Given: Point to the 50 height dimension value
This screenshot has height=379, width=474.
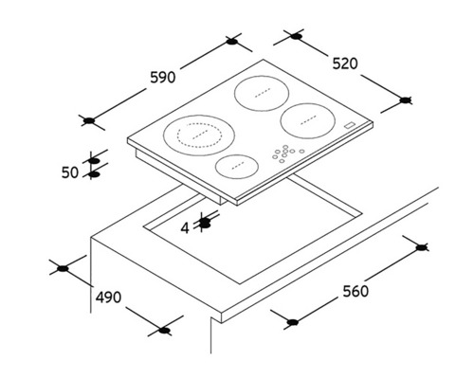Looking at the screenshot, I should pyautogui.click(x=69, y=172).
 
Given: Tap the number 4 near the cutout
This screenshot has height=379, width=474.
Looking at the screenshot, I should pyautogui.click(x=186, y=227).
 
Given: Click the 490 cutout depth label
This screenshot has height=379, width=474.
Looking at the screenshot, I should pyautogui.click(x=107, y=298).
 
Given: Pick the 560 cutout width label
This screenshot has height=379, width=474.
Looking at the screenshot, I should pyautogui.click(x=355, y=291).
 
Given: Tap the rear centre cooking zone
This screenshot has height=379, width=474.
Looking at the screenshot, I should pyautogui.click(x=259, y=98).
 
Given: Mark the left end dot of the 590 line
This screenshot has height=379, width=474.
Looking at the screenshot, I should pyautogui.click(x=88, y=119).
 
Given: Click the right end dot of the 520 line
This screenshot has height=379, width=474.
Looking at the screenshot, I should pyautogui.click(x=407, y=99).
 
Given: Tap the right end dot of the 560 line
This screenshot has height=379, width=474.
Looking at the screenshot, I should pyautogui.click(x=422, y=246).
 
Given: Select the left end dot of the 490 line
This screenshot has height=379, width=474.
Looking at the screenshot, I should pyautogui.click(x=63, y=268).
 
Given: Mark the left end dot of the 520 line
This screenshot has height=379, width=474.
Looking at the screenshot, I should pyautogui.click(x=295, y=37).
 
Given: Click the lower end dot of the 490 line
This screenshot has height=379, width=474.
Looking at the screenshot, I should pyautogui.click(x=165, y=330).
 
